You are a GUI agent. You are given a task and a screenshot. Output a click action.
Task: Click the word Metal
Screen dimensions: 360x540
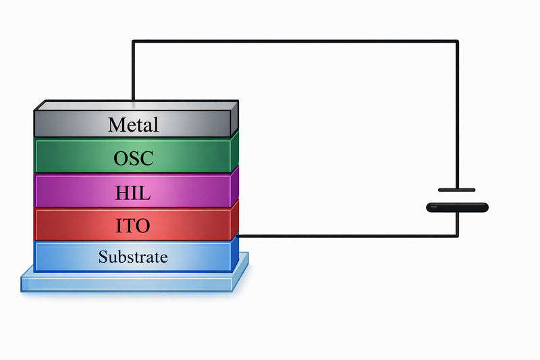pyautogui.click(x=133, y=125)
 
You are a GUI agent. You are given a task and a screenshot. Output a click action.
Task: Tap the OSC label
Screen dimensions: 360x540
pyautogui.click(x=133, y=159)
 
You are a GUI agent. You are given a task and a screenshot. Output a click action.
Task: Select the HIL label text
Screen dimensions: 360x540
pyautogui.click(x=133, y=192)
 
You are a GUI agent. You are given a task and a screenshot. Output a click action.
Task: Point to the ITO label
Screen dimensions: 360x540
pyautogui.click(x=133, y=226)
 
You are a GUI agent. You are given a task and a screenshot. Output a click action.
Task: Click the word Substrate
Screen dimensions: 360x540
pyautogui.click(x=133, y=257)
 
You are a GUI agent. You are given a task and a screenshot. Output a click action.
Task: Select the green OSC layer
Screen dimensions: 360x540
pyautogui.click(x=61, y=157)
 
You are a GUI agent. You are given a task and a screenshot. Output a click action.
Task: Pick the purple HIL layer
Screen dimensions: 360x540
pyautogui.click(x=61, y=191)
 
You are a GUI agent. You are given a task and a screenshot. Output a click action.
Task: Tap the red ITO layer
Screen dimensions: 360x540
pyautogui.click(x=61, y=224)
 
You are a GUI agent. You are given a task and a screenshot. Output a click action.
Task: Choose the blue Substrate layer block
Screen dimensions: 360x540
pyautogui.click(x=61, y=257)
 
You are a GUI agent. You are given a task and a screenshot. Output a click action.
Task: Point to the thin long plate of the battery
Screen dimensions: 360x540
pyautogui.click(x=457, y=190)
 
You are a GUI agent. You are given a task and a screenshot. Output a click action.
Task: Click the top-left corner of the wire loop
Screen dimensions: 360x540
pyautogui.click(x=133, y=42)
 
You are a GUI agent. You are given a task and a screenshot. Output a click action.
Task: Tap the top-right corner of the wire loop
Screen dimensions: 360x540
pyautogui.click(x=458, y=42)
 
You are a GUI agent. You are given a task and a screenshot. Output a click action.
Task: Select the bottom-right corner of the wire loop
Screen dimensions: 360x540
pyautogui.click(x=458, y=236)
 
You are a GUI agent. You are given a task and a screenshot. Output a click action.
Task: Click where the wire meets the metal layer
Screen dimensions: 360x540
pyautogui.click(x=133, y=101)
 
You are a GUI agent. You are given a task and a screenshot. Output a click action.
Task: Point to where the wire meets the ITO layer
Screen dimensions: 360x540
pyautogui.click(x=239, y=236)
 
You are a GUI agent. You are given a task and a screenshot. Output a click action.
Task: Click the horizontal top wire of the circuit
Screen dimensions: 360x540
pyautogui.click(x=297, y=42)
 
